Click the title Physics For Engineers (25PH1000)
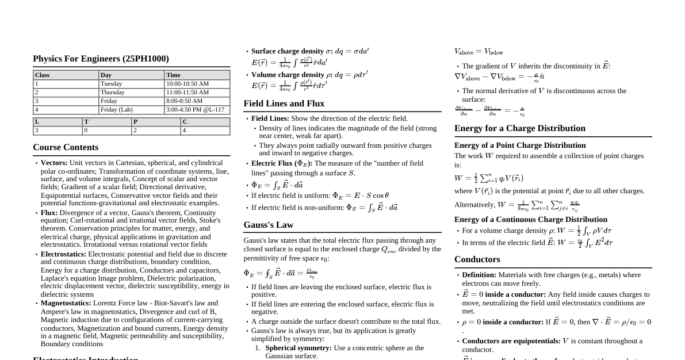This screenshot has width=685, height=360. click(101, 59)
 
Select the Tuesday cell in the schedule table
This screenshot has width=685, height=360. click(111, 84)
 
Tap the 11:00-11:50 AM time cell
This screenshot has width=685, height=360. click(187, 93)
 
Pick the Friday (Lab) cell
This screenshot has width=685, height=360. click(117, 110)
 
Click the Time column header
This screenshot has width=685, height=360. click(173, 75)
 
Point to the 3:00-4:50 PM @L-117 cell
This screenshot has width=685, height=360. click(195, 110)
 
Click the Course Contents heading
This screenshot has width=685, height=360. click(66, 147)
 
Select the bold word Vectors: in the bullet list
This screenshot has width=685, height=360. click(54, 163)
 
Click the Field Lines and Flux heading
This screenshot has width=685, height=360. click(284, 104)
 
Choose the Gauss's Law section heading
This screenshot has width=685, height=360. click(268, 225)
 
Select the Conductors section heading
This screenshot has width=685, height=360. click(477, 259)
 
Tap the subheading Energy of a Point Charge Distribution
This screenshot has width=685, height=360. click(519, 145)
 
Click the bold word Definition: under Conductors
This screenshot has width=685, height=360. click(479, 275)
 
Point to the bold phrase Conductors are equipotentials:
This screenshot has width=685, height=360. click(511, 341)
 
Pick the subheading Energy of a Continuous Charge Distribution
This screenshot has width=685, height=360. click(530, 220)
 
